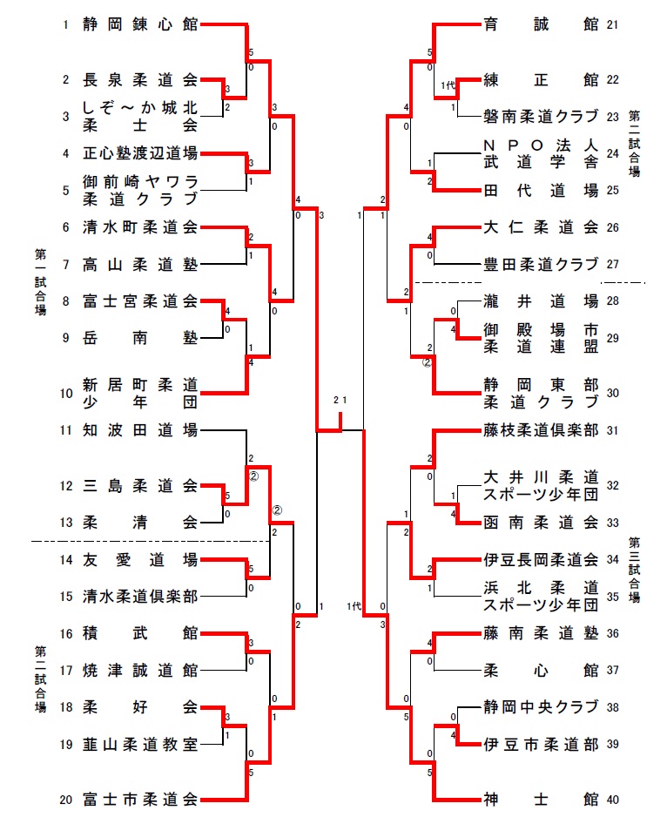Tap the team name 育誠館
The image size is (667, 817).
pyautogui.click(x=541, y=25)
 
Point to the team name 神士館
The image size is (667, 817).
pyautogui.click(x=541, y=799)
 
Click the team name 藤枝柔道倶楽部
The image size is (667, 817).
pyautogui.click(x=541, y=429)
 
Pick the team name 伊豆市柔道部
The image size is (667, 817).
pyautogui.click(x=541, y=744)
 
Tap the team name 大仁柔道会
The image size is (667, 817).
pyautogui.click(x=541, y=227)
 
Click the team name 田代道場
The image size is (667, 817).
pyautogui.click(x=541, y=190)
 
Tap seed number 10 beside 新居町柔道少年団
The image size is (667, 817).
pyautogui.click(x=64, y=393)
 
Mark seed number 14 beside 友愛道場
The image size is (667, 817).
pyautogui.click(x=64, y=559)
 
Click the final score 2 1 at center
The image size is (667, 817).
pyautogui.click(x=340, y=400)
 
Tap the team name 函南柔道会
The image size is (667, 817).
pyautogui.click(x=541, y=523)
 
